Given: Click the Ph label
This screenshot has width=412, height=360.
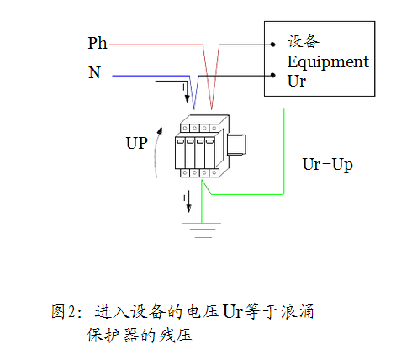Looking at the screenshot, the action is click(x=98, y=44).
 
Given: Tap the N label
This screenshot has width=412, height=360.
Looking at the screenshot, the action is click(x=94, y=72).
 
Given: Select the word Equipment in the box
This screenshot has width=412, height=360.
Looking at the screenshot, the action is click(x=328, y=62).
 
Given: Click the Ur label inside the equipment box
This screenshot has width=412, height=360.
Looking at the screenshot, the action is click(x=297, y=81).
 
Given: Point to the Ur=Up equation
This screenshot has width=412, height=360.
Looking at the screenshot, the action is click(x=327, y=165).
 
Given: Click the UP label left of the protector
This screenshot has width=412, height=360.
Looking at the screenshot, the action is click(x=137, y=143).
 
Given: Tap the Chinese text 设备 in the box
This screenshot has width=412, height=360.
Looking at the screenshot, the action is click(x=304, y=41).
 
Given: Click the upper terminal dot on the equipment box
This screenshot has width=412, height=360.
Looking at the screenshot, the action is click(x=272, y=45).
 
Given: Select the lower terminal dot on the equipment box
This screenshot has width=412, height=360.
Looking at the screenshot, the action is click(x=273, y=75).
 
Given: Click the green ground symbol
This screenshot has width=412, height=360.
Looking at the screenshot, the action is click(x=202, y=230).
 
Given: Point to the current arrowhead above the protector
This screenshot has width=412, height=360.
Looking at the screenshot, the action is click(x=187, y=98).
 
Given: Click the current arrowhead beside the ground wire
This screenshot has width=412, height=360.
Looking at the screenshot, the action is click(x=189, y=209).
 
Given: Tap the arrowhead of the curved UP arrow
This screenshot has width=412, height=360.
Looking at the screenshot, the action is click(x=160, y=131).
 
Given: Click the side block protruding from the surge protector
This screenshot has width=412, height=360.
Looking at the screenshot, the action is click(x=236, y=145).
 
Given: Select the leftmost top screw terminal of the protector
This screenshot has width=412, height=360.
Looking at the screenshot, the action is click(x=185, y=128).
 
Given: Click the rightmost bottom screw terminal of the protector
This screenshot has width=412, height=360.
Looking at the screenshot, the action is click(x=214, y=172).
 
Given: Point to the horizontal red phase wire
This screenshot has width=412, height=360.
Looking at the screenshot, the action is click(x=156, y=45).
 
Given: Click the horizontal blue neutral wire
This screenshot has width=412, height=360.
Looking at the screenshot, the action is click(x=151, y=76).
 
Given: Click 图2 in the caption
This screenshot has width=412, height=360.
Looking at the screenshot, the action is click(x=63, y=311).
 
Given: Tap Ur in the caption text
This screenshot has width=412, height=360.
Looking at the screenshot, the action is click(x=233, y=311).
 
